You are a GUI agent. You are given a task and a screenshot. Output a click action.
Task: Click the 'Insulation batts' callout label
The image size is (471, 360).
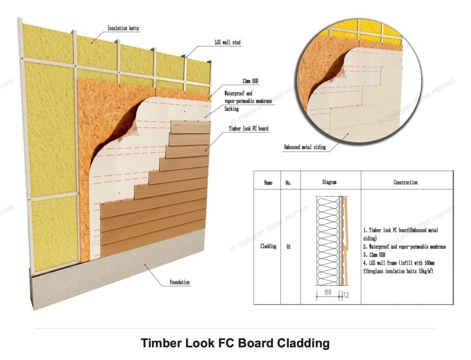[x=123, y=28]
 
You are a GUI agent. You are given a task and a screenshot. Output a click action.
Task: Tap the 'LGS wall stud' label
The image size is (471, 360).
[x=227, y=42]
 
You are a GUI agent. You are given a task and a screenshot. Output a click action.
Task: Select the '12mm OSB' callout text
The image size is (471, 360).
[x=250, y=81]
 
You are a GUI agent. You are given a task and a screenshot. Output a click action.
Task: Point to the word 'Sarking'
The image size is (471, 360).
[x=232, y=109]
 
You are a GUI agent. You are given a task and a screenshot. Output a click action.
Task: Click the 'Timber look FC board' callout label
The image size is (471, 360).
[x=248, y=129]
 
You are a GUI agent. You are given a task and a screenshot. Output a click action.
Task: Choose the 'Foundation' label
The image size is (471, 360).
[x=180, y=282]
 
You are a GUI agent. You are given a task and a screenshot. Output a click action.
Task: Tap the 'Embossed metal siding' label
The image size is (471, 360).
[x=304, y=147]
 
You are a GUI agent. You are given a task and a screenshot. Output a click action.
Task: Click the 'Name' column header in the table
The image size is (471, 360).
[x=268, y=183]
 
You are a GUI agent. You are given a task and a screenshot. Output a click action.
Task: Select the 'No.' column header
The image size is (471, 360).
[x=288, y=183]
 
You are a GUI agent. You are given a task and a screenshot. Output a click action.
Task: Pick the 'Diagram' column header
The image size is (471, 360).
[x=329, y=182]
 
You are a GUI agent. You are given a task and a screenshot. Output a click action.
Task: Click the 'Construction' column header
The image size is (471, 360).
[x=406, y=182]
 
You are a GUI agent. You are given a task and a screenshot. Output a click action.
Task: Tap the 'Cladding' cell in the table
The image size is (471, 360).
[x=268, y=246]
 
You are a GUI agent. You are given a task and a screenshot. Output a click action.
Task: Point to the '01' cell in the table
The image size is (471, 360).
[x=288, y=247]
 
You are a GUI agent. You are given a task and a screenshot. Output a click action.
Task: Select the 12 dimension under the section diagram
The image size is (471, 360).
[x=346, y=296]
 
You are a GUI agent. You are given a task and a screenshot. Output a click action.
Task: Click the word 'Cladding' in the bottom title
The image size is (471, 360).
[x=303, y=343]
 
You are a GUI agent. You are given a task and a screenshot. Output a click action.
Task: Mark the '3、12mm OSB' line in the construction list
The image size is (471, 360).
[x=374, y=255]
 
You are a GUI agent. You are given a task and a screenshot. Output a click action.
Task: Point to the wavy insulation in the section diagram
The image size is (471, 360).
[x=327, y=242]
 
